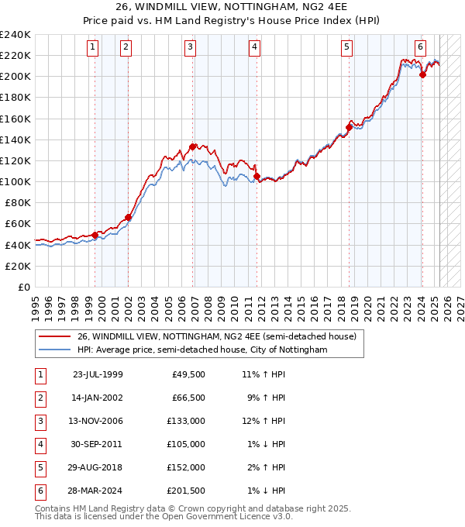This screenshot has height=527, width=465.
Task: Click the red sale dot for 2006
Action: [x=191, y=146]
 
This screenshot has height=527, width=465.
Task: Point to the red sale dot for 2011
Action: [x=257, y=176]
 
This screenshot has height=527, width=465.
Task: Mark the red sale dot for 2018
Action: [x=349, y=127]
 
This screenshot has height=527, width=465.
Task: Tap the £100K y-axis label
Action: [x=15, y=181]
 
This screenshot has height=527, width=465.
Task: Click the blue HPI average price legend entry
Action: [x=202, y=350]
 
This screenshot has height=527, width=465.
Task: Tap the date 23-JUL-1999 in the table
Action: [x=98, y=374]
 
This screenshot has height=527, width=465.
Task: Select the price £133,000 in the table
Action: [x=186, y=421]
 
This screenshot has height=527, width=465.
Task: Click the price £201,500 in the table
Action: [x=186, y=491]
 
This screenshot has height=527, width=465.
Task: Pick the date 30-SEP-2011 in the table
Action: [x=98, y=444]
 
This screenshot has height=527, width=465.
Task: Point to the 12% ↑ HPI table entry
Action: [x=263, y=421]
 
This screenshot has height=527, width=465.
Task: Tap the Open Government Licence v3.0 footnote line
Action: [x=164, y=517]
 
